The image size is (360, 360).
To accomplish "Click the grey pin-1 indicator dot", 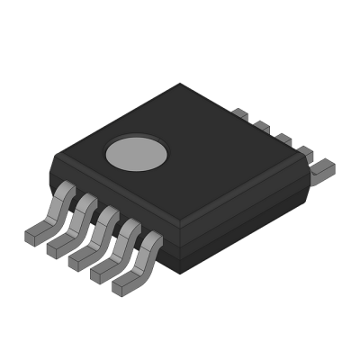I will click(137, 153).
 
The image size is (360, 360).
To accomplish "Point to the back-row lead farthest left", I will click(239, 113).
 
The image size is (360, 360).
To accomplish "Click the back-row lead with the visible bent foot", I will click(321, 166).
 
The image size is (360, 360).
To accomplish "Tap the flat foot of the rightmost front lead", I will click(124, 285).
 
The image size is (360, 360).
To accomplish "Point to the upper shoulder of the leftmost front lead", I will click(64, 189).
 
